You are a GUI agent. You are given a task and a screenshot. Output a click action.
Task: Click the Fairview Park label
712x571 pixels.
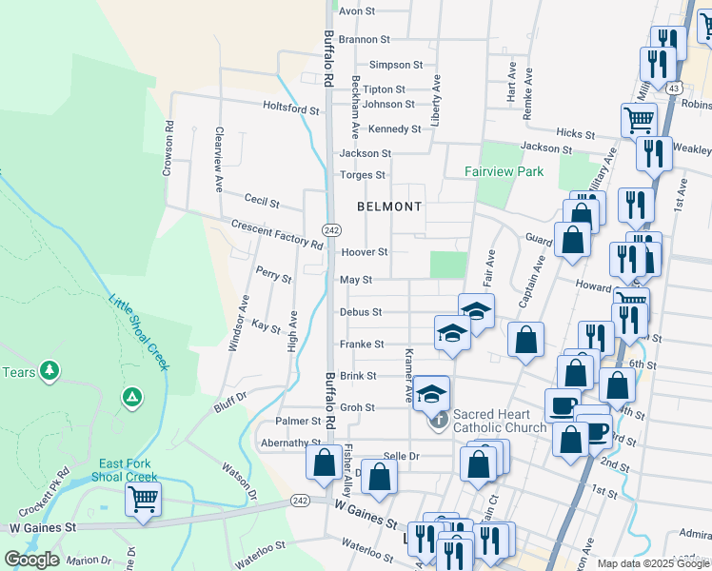504,172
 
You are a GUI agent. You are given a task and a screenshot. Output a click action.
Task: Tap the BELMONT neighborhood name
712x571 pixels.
389,207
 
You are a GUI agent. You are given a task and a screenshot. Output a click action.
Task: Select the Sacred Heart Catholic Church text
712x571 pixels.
500,421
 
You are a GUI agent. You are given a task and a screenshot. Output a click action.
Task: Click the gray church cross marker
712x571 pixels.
439,419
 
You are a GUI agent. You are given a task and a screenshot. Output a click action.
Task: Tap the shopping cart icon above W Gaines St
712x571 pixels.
143,498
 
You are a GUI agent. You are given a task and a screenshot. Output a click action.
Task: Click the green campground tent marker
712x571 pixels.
132,395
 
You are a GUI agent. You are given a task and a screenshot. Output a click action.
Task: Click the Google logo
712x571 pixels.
31,560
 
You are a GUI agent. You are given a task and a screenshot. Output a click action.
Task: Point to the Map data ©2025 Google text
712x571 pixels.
653,563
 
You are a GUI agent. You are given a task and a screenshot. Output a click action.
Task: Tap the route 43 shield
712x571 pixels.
673,88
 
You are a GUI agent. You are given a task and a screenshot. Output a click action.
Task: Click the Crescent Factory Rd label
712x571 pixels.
277,234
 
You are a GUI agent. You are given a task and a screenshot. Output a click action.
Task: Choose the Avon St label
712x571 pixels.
359,11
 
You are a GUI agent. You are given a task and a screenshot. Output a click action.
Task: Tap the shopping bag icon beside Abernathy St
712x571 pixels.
324,463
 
